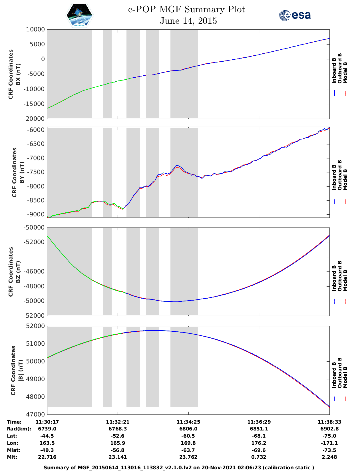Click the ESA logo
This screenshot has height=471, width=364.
pos(295,15)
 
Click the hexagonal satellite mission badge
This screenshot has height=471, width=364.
pos(80,15)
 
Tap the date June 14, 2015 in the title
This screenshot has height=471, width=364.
pos(188,21)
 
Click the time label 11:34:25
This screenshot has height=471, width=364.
pos(188,422)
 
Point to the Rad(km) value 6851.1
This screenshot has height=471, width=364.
pos(259,429)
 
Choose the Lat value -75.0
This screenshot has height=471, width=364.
pos(329,436)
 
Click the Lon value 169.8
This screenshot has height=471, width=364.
pos(188,443)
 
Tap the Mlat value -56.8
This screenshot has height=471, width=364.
pos(118,450)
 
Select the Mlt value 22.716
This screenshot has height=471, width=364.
pos(47,457)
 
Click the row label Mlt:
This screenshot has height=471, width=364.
pos(12,457)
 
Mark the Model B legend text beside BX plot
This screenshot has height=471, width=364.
pos(345,73)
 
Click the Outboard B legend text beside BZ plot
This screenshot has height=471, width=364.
pos(340,276)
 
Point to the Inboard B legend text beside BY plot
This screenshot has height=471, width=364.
pos(334,178)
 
